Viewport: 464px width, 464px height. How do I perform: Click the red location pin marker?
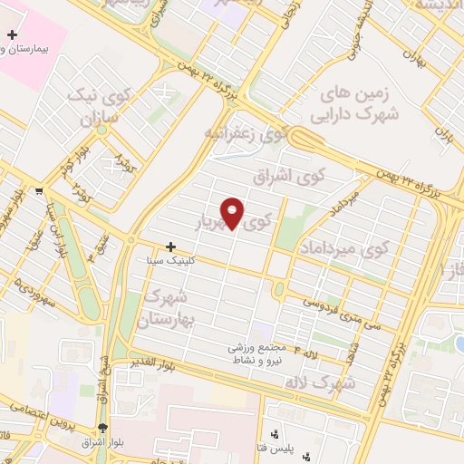[233, 211]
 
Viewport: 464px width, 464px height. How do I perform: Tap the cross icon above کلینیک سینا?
[170, 246]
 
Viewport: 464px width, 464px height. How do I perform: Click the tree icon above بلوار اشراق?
[102, 429]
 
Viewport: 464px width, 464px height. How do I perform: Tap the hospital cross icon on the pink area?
[12, 34]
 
